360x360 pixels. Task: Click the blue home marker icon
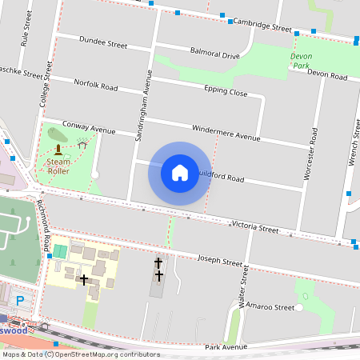[180, 173]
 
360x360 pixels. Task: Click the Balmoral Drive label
[214, 54]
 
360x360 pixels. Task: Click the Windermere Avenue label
[226, 133]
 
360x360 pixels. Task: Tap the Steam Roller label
[58, 166]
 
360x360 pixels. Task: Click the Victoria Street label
[254, 226]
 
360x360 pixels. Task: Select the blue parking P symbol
[20, 301]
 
